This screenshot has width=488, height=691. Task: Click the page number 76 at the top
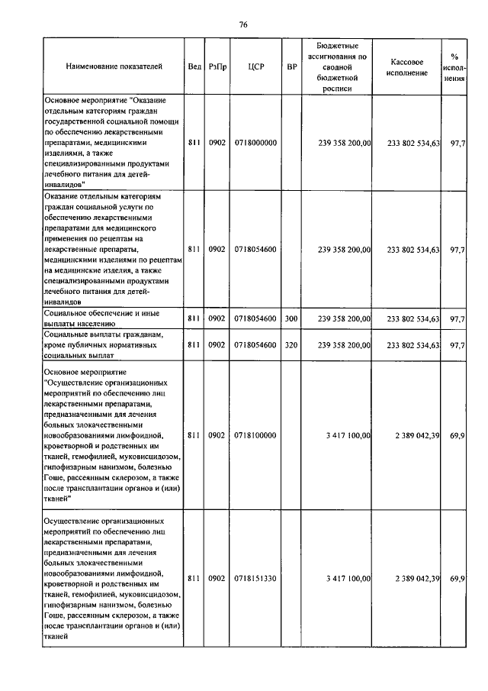(243, 24)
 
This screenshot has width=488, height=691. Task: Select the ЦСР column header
(256, 67)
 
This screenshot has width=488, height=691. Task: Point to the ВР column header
(291, 67)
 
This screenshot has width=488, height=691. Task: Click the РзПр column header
(217, 67)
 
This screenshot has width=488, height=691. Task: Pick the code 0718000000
(256, 143)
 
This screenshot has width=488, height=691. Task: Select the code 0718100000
(256, 435)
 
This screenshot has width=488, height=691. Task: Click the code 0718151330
(256, 579)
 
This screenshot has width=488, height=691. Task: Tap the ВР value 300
(291, 318)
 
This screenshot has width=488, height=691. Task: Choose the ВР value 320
(291, 345)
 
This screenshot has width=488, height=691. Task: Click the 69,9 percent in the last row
(457, 579)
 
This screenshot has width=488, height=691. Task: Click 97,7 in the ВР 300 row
(458, 318)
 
